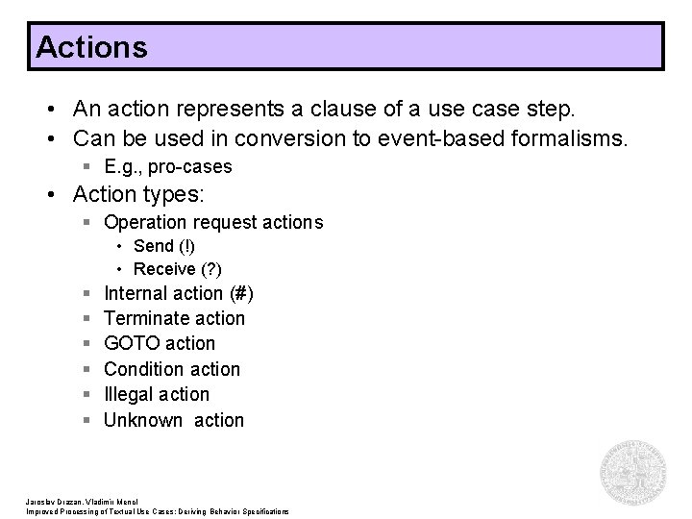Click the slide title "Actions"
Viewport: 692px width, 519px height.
(91, 47)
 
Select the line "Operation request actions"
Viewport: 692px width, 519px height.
(213, 223)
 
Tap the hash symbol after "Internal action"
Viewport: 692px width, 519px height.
(244, 293)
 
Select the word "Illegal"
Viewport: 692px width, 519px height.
(129, 394)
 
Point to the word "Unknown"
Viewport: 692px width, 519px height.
(143, 420)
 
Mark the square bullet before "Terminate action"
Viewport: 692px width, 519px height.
(87, 319)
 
